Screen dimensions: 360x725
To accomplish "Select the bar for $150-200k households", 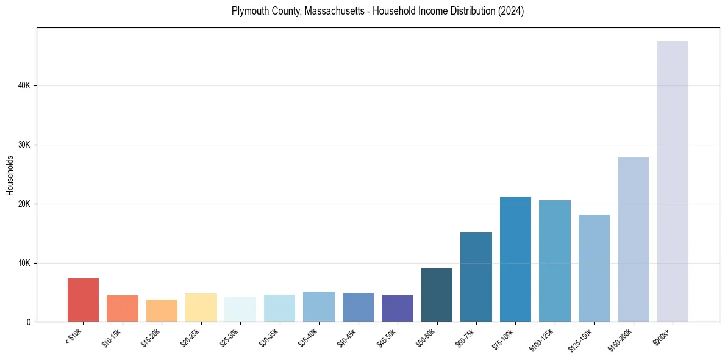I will pos(634,239).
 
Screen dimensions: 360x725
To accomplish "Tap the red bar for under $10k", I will pos(83,300).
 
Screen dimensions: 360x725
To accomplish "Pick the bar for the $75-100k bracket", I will pos(515,259).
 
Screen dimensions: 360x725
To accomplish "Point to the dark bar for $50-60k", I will pos(437,295).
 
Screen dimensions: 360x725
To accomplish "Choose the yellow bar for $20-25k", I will pos(201,308).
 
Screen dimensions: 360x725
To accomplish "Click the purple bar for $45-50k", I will pos(398,308).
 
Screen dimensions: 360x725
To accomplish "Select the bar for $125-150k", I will pos(594,268).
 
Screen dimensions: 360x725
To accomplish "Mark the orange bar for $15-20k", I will pos(162,311).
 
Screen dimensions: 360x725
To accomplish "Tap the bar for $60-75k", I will pos(476,277).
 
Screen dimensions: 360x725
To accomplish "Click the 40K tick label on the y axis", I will pos(24,86).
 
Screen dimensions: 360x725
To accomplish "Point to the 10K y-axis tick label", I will pos(24,263).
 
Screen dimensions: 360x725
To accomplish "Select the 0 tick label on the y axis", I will pos(29,322).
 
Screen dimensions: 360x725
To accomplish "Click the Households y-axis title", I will pos(10,175).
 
